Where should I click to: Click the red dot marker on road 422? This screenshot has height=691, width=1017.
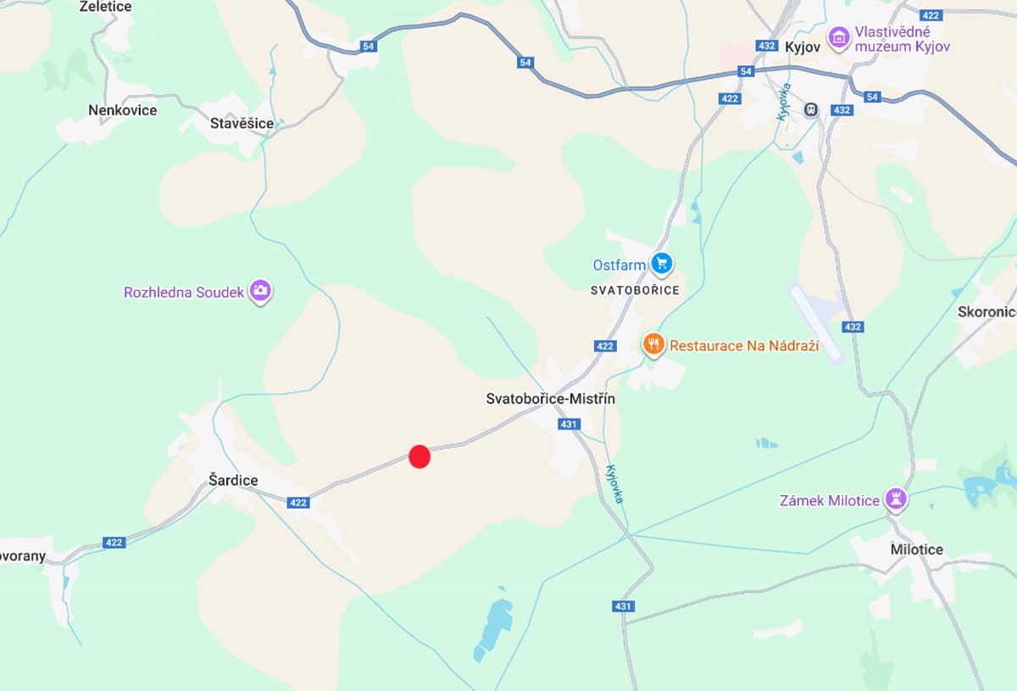pyautogui.click(x=420, y=456)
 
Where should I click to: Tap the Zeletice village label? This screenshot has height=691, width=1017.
pyautogui.click(x=105, y=7)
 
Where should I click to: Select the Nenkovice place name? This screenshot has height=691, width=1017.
pyautogui.click(x=122, y=110)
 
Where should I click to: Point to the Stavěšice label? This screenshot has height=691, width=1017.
pyautogui.click(x=242, y=124)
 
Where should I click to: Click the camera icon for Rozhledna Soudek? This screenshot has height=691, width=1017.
pyautogui.click(x=260, y=292)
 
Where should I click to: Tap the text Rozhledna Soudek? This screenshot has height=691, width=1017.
pyautogui.click(x=184, y=293)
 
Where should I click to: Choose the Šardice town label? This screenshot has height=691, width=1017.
pyautogui.click(x=233, y=481)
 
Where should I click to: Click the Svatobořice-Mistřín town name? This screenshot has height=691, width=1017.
pyautogui.click(x=551, y=398)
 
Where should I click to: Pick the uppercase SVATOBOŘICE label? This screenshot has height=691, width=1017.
pyautogui.click(x=635, y=290)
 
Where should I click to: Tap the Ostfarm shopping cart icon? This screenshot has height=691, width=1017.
pyautogui.click(x=661, y=265)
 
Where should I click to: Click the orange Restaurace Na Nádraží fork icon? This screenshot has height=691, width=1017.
pyautogui.click(x=653, y=344)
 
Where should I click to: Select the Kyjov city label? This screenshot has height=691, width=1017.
pyautogui.click(x=803, y=47)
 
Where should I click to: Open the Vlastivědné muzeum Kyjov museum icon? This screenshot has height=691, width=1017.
pyautogui.click(x=839, y=37)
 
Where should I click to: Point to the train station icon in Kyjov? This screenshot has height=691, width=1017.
pyautogui.click(x=811, y=109)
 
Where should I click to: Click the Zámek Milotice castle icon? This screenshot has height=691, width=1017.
pyautogui.click(x=895, y=499)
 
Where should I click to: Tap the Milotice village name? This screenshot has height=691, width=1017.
pyautogui.click(x=916, y=549)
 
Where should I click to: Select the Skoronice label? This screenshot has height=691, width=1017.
pyautogui.click(x=987, y=312)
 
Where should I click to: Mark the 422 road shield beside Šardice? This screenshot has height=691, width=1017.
pyautogui.click(x=297, y=503)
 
